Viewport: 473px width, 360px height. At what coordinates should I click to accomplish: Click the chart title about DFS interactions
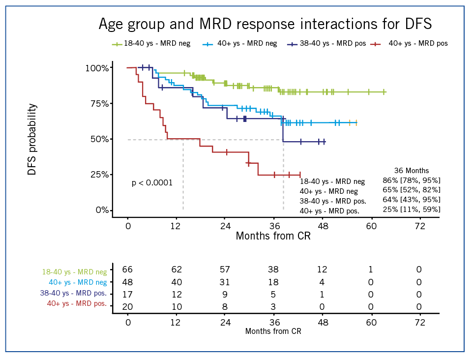tap(265, 24)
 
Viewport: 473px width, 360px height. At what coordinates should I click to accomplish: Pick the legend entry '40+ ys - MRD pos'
tap(418, 44)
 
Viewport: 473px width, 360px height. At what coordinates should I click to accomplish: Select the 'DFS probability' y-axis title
tap(32, 139)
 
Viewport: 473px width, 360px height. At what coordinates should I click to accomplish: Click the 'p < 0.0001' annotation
tap(152, 183)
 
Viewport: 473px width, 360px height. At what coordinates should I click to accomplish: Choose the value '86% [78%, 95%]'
tap(411, 180)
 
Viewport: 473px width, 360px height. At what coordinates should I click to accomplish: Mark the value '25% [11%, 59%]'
tap(411, 210)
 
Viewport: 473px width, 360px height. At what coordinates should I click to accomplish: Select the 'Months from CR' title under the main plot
tap(273, 236)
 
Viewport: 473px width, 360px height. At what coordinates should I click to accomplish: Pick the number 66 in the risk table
tap(127, 270)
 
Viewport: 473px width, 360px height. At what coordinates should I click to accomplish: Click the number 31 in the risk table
tap(225, 282)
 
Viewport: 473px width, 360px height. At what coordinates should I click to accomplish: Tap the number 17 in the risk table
tap(127, 295)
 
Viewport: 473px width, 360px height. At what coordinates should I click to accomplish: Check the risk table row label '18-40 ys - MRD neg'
tap(74, 271)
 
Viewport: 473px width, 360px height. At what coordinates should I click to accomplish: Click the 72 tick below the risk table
tap(419, 322)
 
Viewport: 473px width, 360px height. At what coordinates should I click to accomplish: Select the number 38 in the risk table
tap(273, 270)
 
